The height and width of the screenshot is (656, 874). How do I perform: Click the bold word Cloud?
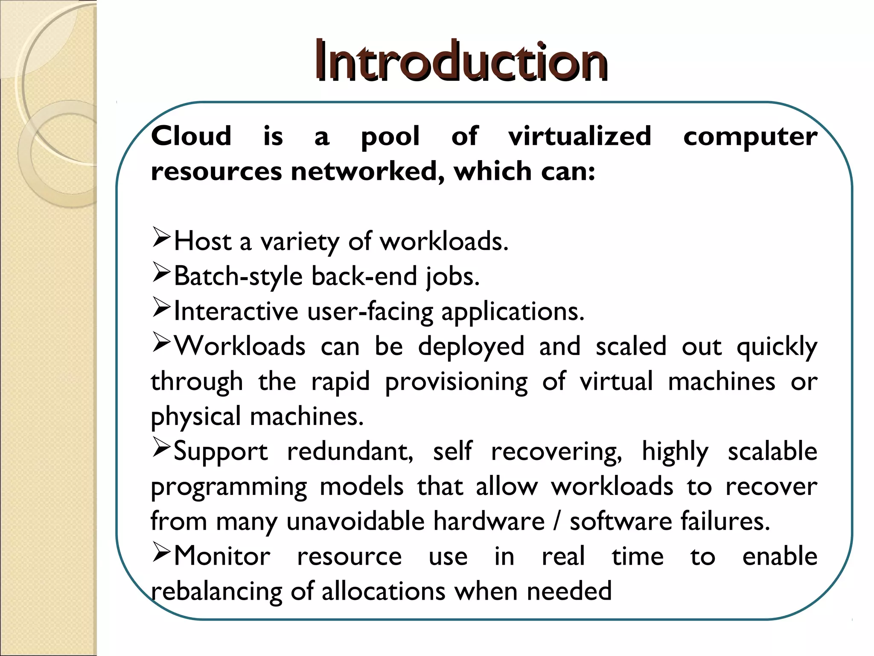point(191,136)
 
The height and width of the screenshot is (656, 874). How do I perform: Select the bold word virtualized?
point(580,136)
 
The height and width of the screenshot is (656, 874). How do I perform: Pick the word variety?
point(300,242)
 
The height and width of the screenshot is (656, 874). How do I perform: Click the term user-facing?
point(370,312)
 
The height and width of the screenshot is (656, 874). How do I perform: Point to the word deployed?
point(471,347)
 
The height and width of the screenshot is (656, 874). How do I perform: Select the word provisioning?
point(456,382)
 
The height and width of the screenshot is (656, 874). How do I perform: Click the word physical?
point(196,417)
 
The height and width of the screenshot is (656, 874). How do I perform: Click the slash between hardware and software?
point(557,521)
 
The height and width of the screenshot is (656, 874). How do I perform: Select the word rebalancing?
point(216,592)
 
